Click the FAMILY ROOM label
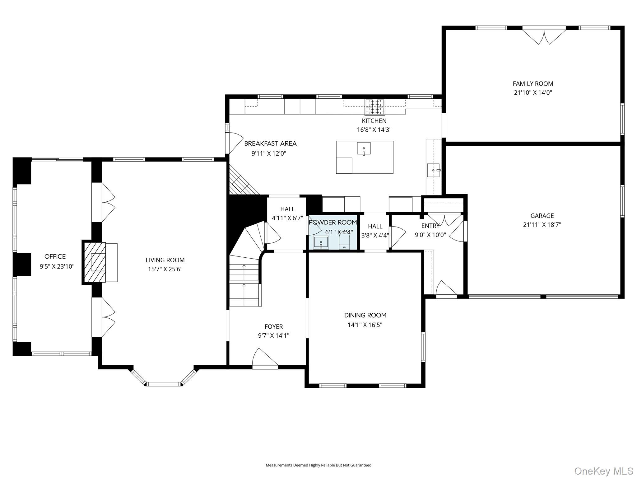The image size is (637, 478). tap(533, 84)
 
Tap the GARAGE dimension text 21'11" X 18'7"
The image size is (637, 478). tap(542, 225)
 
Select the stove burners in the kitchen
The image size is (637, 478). tap(375, 107)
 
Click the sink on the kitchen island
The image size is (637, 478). tap(364, 148)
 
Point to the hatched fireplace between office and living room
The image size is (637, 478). tap(94, 263)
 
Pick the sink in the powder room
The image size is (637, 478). tap(321, 243)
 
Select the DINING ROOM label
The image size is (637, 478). tap(365, 315)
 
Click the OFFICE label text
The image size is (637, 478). tap(55, 256)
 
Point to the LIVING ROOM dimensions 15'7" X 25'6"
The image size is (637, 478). tap(165, 269)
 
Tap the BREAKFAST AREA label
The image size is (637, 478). tap(270, 143)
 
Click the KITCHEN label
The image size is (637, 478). tap(374, 121)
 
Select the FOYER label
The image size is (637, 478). tap(274, 326)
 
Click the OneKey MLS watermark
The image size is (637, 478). tap(604, 471)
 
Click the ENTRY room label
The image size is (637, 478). tap(430, 226)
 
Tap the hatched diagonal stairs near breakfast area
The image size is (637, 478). tap(244, 180)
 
